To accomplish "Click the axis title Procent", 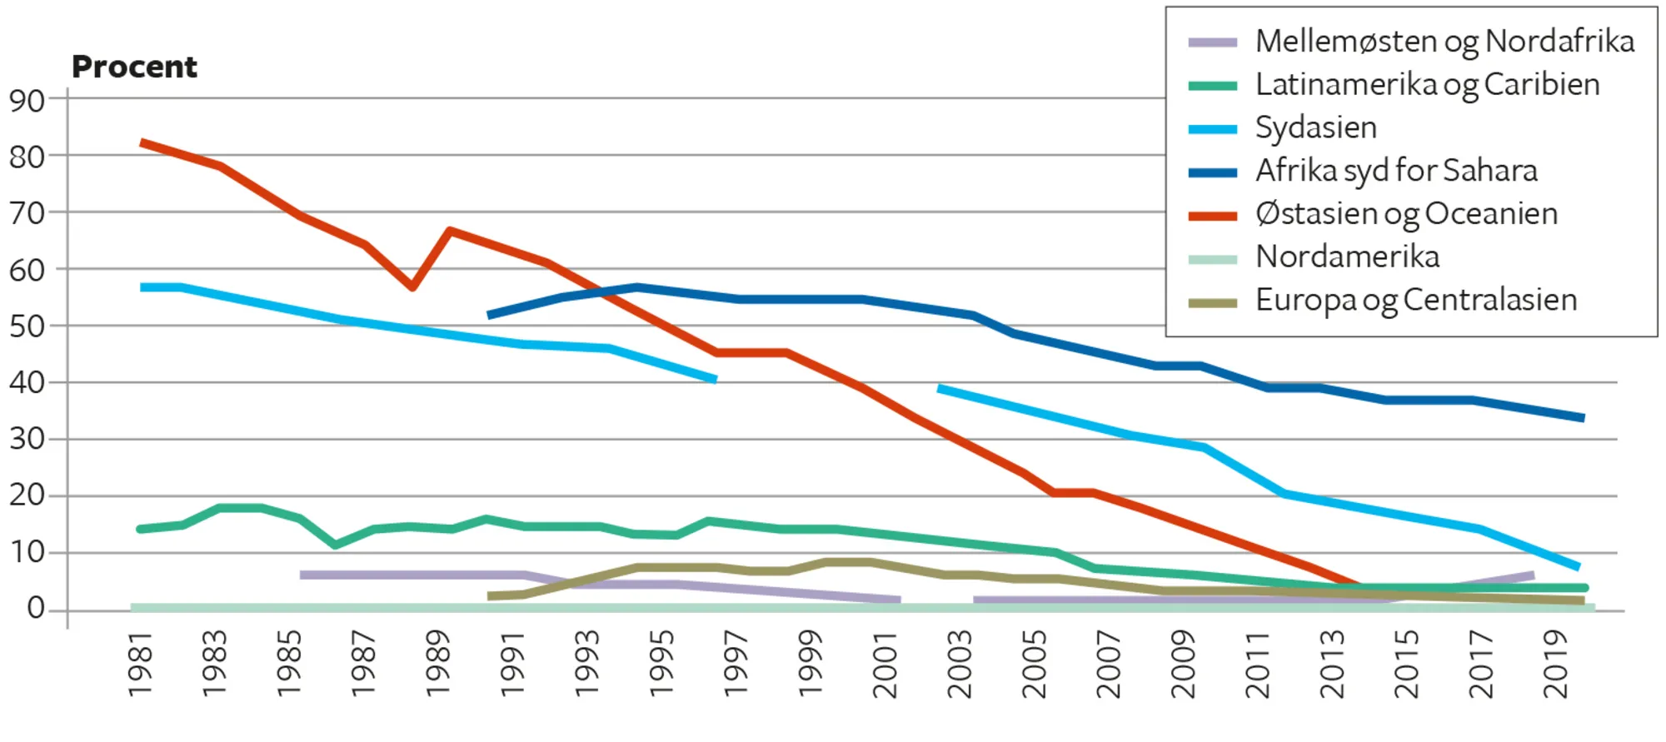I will point(134,67).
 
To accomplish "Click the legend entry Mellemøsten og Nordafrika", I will point(1444,41).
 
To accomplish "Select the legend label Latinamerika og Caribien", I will point(1427,84).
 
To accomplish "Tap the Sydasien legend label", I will point(1315,127).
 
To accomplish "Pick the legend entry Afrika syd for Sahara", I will point(1396,171).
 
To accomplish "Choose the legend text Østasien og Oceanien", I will point(1406,214).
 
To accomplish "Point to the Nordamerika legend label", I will point(1347,256).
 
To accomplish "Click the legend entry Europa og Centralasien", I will point(1416,300).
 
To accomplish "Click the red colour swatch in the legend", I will point(1212,216).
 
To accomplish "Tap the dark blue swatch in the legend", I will point(1212,172).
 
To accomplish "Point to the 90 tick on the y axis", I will point(27,101).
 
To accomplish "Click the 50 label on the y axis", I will point(27,326).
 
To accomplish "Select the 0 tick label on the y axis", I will point(35,608).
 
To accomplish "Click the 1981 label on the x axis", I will point(140,665).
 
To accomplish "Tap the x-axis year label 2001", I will point(885,665).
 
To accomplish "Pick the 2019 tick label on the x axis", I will point(1555,665).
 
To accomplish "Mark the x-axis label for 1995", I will point(661,665).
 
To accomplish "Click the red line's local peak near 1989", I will point(450,230).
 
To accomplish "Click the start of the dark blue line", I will point(490,315).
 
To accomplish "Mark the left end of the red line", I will point(142,143).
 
